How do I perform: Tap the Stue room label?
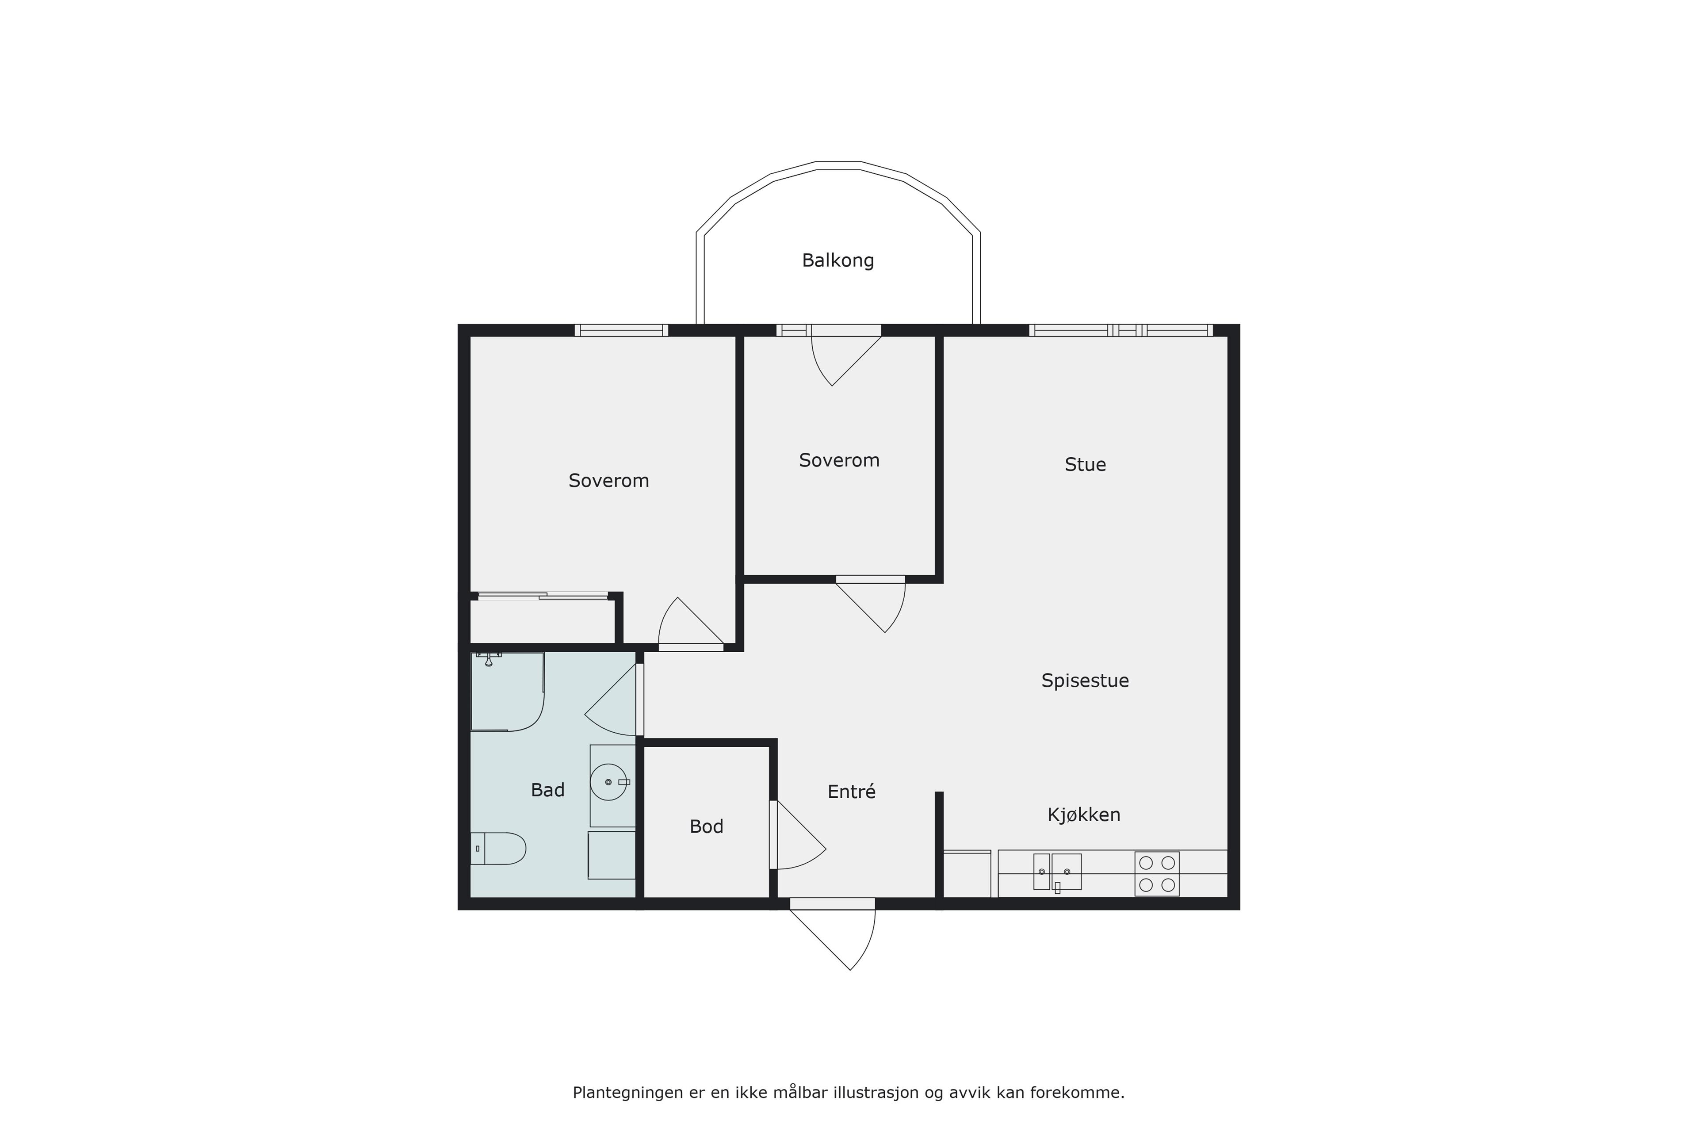pyautogui.click(x=1085, y=464)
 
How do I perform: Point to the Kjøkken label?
pyautogui.click(x=1084, y=815)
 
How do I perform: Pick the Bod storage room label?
pyautogui.click(x=706, y=826)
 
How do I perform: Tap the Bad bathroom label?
pyautogui.click(x=547, y=791)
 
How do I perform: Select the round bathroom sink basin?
pyautogui.click(x=608, y=782)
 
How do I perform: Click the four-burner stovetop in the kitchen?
pyautogui.click(x=1157, y=874)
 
